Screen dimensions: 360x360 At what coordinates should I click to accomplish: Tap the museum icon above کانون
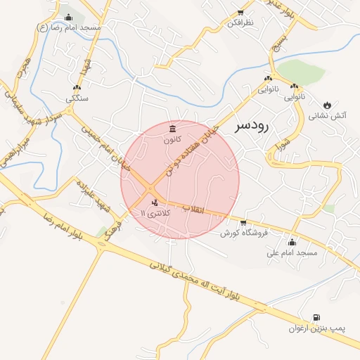tap(173, 128)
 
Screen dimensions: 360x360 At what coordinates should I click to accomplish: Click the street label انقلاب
tap(193, 209)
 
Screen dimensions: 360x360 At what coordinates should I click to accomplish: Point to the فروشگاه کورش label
tap(246, 233)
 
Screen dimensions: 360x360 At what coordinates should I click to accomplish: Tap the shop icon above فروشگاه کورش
tap(243, 223)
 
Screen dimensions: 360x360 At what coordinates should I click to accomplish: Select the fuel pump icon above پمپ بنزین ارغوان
tap(316, 317)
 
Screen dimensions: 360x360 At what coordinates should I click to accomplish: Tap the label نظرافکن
tap(239, 23)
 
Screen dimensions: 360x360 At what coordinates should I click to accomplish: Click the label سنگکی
tap(77, 99)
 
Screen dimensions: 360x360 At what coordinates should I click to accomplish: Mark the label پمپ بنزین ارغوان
tap(314, 329)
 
